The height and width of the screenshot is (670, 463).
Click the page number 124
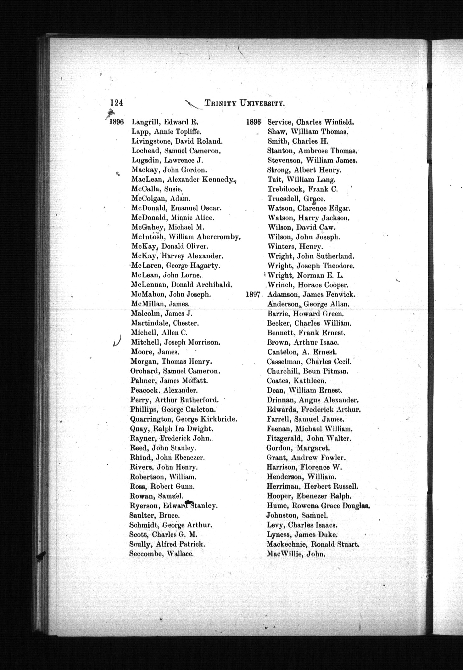click(x=116, y=103)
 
